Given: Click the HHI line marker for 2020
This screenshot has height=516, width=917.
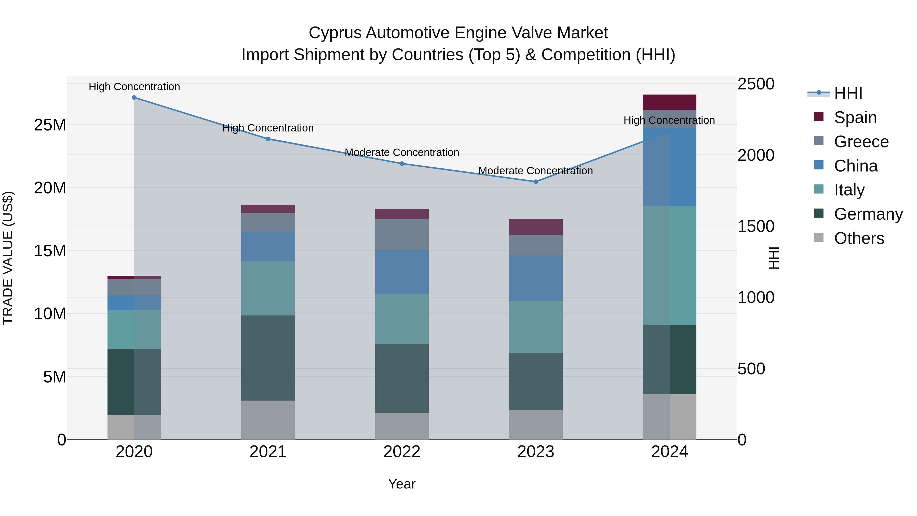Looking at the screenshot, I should pyautogui.click(x=134, y=98).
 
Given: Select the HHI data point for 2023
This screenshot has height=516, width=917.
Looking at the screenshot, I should pyautogui.click(x=536, y=182).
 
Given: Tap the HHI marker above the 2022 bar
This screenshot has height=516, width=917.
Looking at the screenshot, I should pyautogui.click(x=402, y=163).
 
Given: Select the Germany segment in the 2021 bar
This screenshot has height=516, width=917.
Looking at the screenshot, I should pyautogui.click(x=268, y=358).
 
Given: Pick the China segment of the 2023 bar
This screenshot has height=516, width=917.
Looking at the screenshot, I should pyautogui.click(x=536, y=278).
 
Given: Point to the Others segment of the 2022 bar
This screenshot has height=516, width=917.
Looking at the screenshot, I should pyautogui.click(x=402, y=426).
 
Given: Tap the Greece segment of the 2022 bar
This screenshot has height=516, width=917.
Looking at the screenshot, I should pyautogui.click(x=402, y=234).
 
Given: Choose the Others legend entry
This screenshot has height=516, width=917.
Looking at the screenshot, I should pyautogui.click(x=859, y=238).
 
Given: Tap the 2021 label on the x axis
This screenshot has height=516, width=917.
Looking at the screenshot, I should pyautogui.click(x=268, y=452).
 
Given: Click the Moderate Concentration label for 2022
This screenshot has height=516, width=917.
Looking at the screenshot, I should pyautogui.click(x=402, y=152).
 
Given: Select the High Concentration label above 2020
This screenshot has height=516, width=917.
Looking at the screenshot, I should pyautogui.click(x=134, y=87).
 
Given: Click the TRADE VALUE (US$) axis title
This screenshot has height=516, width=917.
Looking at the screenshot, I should pyautogui.click(x=8, y=258).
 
